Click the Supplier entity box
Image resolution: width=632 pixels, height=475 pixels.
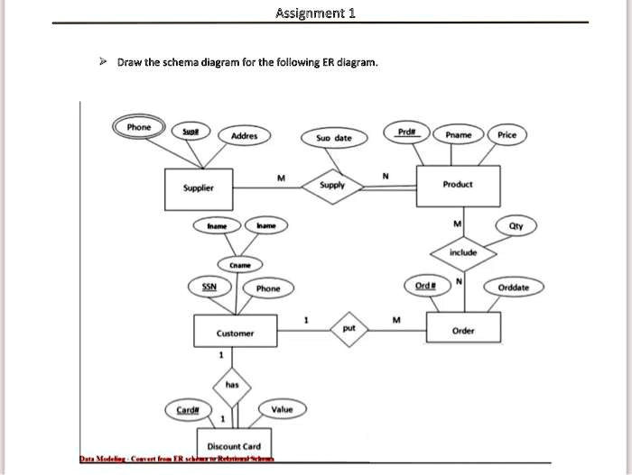tap(198, 188)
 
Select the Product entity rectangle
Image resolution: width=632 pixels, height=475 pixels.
tap(458, 183)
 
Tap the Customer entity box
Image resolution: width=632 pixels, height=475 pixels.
tap(235, 333)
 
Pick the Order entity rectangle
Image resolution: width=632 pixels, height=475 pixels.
tap(462, 330)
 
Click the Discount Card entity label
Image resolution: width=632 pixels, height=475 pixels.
tap(234, 445)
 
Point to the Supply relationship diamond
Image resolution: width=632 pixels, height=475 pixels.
tap(332, 185)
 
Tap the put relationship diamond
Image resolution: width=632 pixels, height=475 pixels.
tap(349, 329)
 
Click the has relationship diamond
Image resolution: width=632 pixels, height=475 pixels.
tap(231, 384)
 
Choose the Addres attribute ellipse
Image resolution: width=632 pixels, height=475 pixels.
tap(244, 136)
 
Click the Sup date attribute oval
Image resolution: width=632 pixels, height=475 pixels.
tap(334, 138)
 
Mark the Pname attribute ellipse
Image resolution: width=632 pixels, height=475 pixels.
tap(459, 134)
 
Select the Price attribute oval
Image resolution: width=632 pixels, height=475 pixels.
tap(507, 134)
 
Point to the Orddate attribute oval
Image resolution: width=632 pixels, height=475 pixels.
tap(513, 288)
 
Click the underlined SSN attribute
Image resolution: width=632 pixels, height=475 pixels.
tap(208, 286)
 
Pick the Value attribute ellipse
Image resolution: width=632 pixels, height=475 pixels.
tap(282, 409)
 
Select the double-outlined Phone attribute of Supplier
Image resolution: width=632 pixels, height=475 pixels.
tap(139, 127)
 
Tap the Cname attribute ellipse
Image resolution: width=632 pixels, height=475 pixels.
tap(240, 265)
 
